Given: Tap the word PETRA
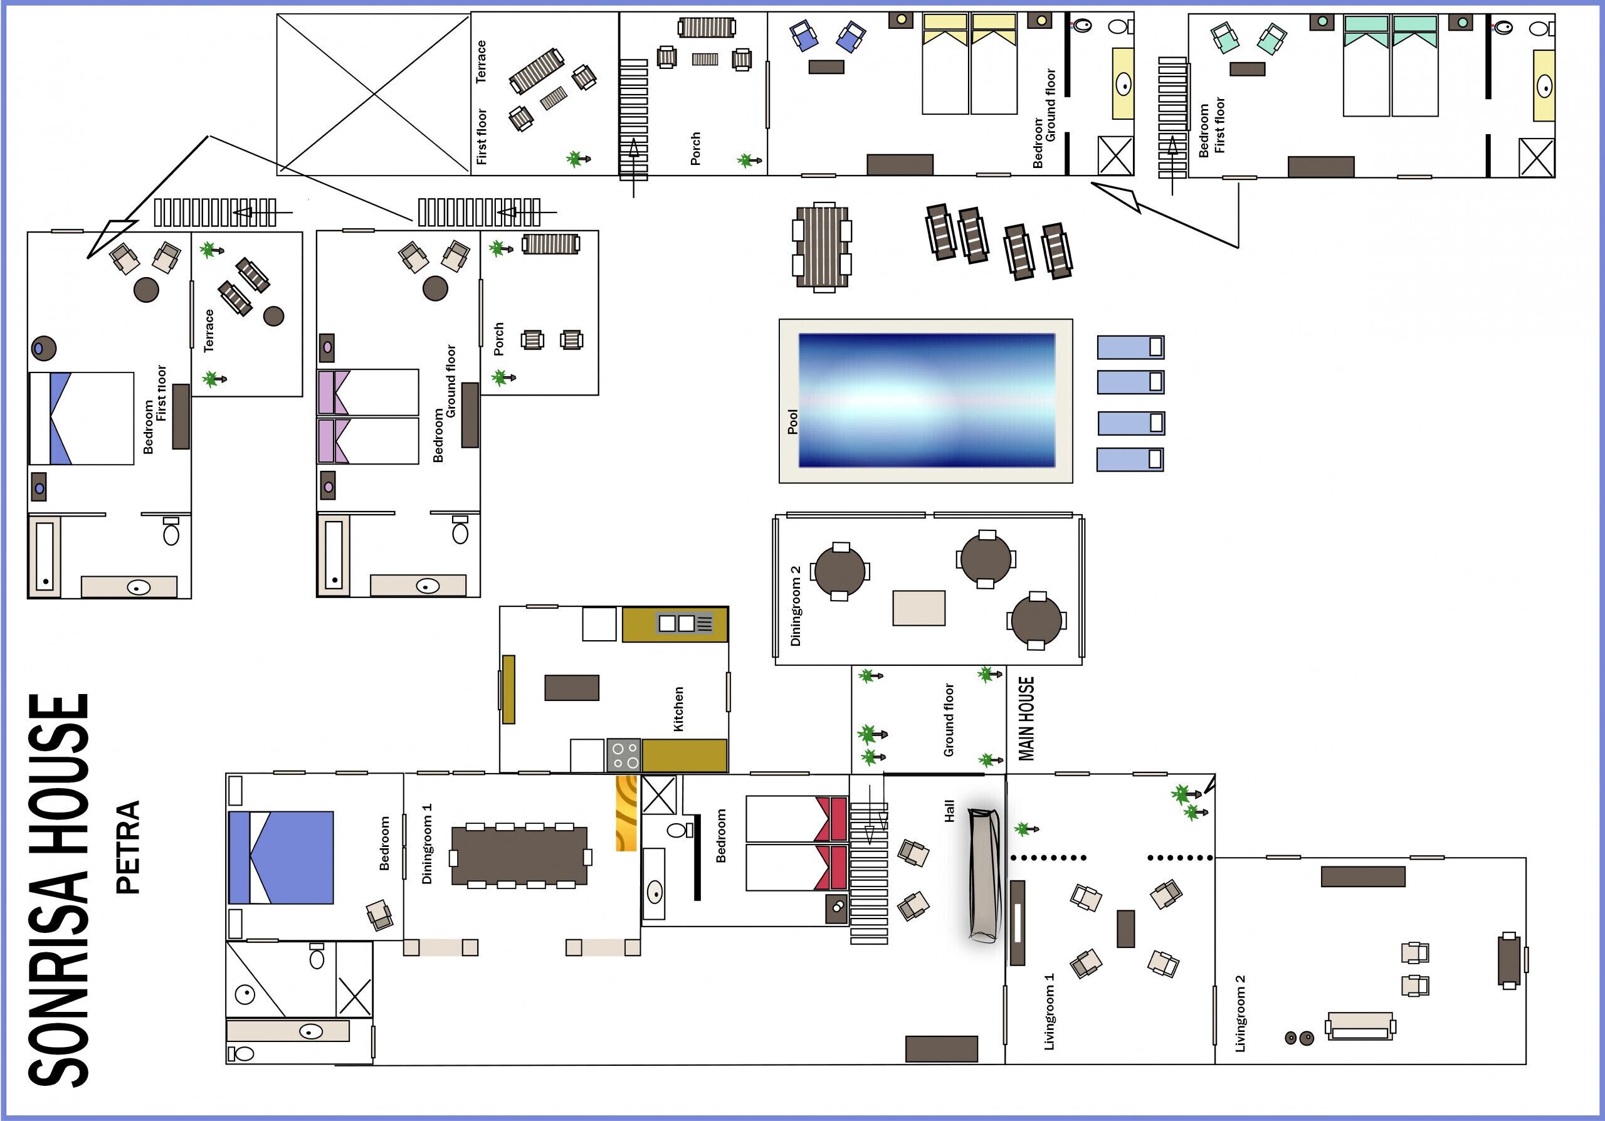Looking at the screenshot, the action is tap(128, 847).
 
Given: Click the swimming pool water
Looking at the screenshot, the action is tap(927, 401).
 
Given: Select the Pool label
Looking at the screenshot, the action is tap(792, 421).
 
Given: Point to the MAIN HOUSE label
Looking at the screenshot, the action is tap(1026, 718).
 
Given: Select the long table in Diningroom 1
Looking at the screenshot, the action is tap(519, 856).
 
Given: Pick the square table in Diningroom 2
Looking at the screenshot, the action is tap(918, 608).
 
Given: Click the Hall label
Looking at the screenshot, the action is tap(949, 811).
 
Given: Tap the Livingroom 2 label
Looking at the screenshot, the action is tap(1240, 1013).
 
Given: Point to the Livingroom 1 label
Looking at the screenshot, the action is tap(1048, 1011).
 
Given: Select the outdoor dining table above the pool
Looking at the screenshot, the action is tap(822, 248).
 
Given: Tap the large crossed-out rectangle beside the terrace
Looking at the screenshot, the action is tap(374, 93).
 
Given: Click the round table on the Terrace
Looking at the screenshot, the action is tap(274, 316).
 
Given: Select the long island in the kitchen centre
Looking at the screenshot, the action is tap(572, 688).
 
